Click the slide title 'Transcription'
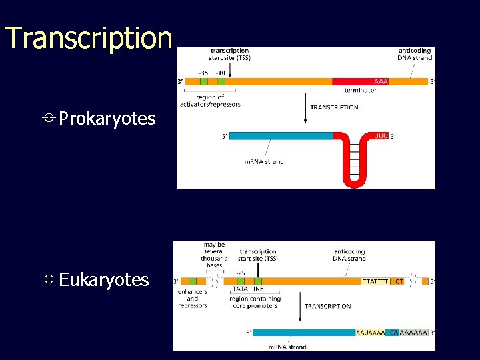coord(89,38)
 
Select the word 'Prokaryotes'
coord(107,119)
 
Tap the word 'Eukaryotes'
coord(103,279)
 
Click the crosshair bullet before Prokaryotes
coord(51,119)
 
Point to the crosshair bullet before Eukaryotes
coord(51,279)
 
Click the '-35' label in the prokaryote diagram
coord(203,73)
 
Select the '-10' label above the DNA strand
coord(221,73)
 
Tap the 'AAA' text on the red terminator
coord(381,81)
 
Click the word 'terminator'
coord(361,90)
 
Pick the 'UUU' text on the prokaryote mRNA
coord(381,135)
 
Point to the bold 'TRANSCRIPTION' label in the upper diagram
coord(334,107)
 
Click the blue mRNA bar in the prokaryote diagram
coord(280,135)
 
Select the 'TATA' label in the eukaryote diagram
coord(240,289)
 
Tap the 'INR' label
coord(258,289)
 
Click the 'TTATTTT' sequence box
coord(375,281)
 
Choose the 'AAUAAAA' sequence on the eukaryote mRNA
coord(370,332)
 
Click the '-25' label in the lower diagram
coord(241,273)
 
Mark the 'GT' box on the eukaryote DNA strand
coord(399,281)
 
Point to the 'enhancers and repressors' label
coord(192,299)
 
